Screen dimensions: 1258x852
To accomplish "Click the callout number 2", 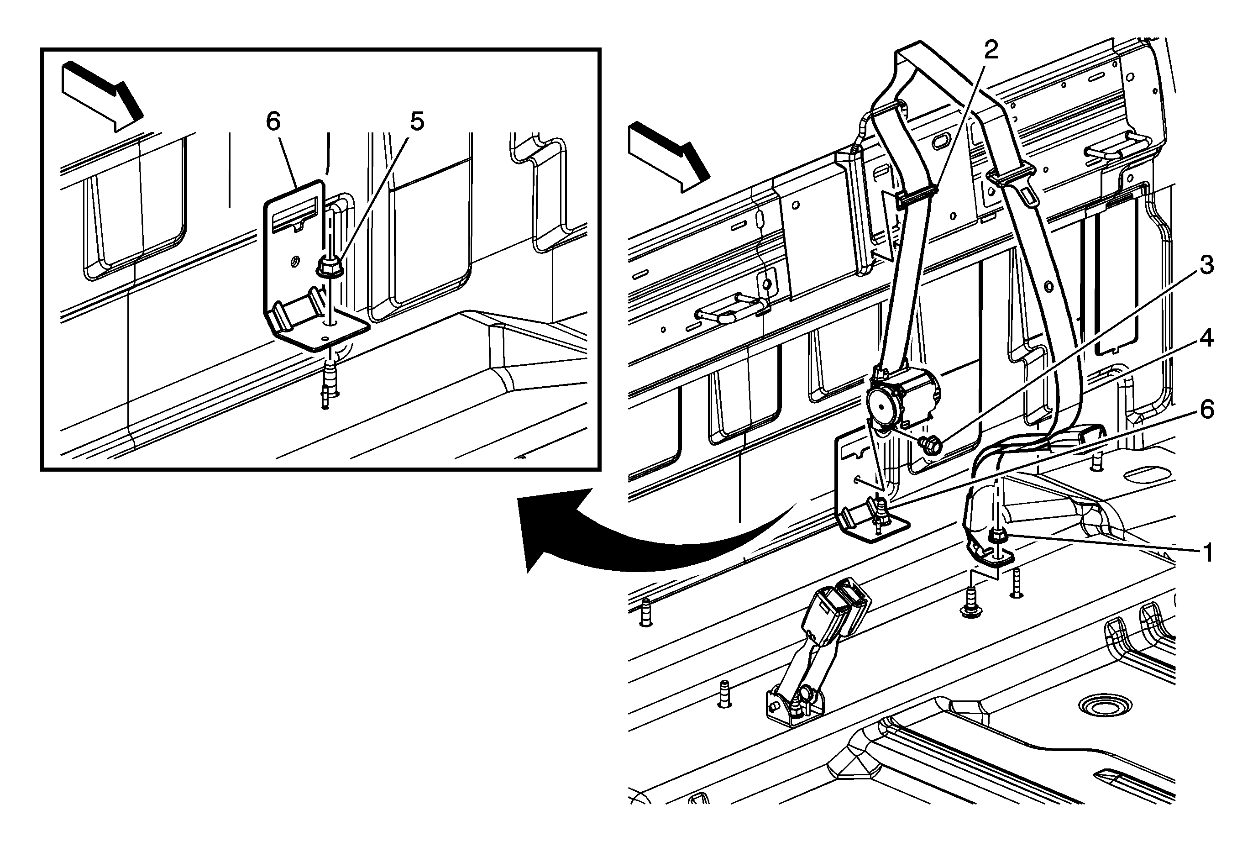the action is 991,50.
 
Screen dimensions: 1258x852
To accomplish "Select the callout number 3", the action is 1206,266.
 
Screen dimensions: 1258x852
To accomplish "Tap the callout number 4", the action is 1206,338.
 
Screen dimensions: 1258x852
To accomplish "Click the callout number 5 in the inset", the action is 417,122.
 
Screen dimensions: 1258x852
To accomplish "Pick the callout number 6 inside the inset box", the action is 273,122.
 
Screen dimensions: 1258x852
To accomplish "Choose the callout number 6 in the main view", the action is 1206,410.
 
